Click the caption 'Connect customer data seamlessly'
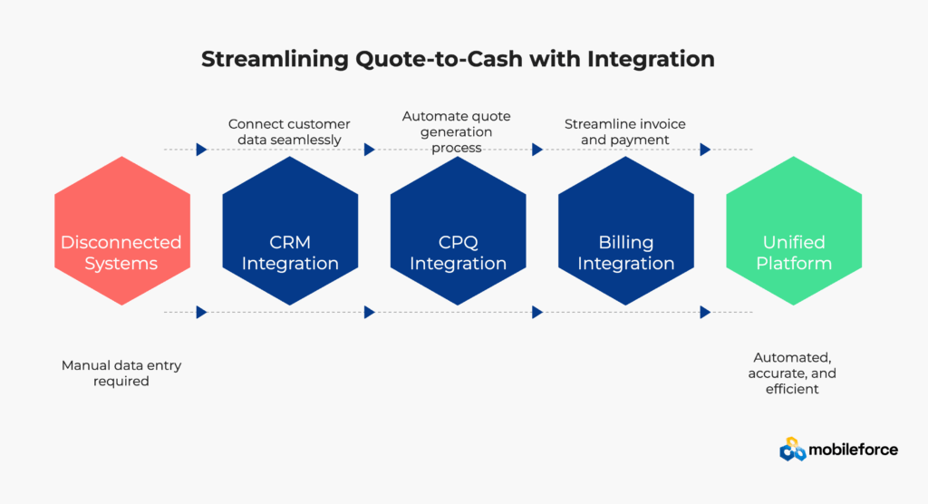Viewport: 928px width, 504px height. pyautogui.click(x=289, y=131)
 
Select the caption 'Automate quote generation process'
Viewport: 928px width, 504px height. pyautogui.click(x=457, y=131)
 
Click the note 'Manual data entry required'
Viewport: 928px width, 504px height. pyautogui.click(x=121, y=373)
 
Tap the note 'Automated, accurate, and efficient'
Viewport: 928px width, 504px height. pyautogui.click(x=792, y=373)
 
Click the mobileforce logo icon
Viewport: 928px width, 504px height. pyautogui.click(x=792, y=449)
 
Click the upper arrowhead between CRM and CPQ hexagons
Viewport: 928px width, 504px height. pyautogui.click(x=370, y=150)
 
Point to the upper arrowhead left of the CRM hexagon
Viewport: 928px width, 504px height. pyautogui.click(x=201, y=150)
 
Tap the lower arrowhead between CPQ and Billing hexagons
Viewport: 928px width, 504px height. pyautogui.click(x=537, y=312)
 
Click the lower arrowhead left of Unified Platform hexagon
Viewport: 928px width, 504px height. pyautogui.click(x=705, y=312)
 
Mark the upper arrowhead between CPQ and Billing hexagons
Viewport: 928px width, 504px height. pyautogui.click(x=537, y=150)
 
